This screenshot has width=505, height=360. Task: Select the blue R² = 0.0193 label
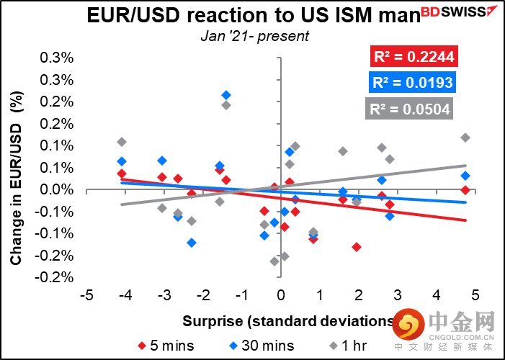point(411,83)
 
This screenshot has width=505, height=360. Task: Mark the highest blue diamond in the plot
point(226,95)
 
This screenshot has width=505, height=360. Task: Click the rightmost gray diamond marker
point(465,138)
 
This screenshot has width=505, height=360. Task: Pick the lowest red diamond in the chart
point(356,247)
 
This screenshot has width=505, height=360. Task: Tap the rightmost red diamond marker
point(465,190)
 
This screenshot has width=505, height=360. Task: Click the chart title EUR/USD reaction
point(251,14)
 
